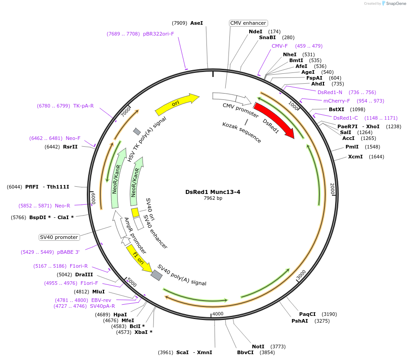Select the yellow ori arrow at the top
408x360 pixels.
(176, 104)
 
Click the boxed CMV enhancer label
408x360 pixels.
(248, 23)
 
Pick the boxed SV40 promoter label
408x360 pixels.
(59, 237)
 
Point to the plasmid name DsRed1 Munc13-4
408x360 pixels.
(213, 192)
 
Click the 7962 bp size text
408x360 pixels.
(213, 198)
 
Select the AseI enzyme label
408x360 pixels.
(197, 23)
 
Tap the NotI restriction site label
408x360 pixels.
(258, 346)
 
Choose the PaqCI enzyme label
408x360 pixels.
(308, 314)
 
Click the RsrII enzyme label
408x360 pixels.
(70, 147)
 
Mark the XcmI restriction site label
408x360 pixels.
(355, 157)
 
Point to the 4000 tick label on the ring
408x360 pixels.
(218, 314)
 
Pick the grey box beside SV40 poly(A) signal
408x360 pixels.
(157, 275)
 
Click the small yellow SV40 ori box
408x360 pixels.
(135, 212)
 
